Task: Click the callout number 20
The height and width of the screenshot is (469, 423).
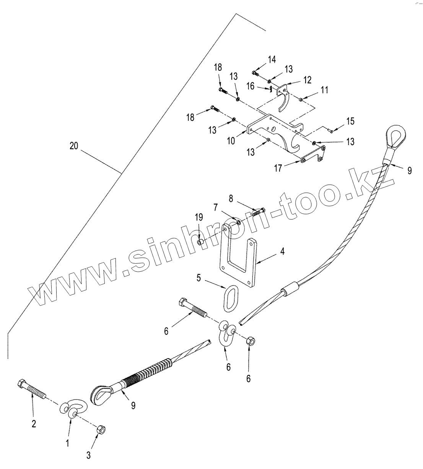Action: tap(75, 146)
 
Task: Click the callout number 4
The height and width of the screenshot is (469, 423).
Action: tap(282, 252)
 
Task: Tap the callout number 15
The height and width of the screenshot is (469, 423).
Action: tap(350, 122)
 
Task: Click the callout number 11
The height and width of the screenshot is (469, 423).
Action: tap(324, 90)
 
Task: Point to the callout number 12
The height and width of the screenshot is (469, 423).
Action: tap(307, 80)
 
